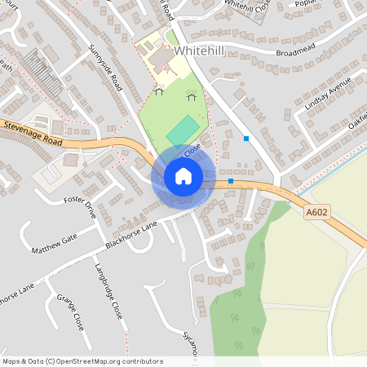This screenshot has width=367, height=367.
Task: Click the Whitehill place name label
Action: [x=198, y=51]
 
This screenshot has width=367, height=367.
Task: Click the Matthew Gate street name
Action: [x=54, y=242]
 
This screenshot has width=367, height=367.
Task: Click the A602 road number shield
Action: [x=317, y=213]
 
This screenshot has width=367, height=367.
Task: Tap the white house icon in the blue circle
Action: [x=183, y=175]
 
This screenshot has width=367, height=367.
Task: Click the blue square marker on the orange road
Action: [x=231, y=180]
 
